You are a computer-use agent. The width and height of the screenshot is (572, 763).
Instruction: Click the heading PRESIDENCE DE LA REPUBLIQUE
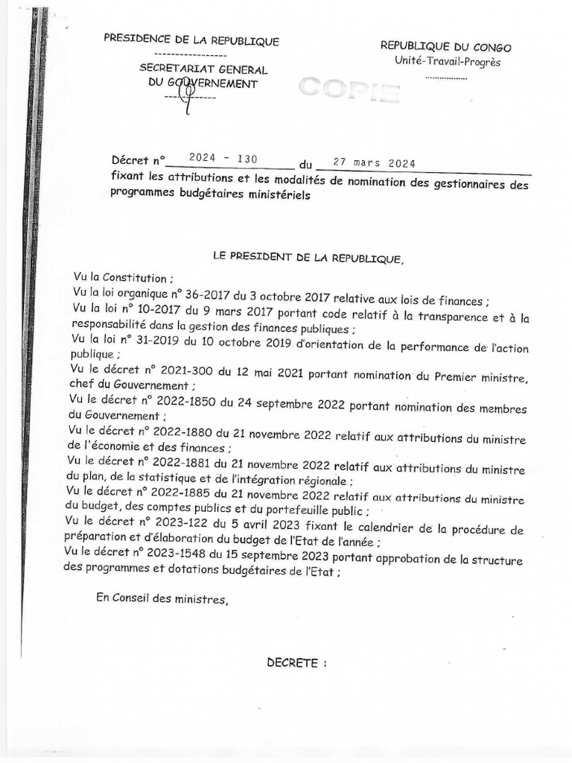(191, 41)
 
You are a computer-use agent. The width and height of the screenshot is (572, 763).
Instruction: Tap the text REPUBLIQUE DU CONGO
(445, 47)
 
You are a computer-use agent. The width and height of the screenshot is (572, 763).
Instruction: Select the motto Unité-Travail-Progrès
(448, 62)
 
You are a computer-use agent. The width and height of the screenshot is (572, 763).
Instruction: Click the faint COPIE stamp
(349, 89)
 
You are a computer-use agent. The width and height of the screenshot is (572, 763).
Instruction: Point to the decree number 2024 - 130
(223, 158)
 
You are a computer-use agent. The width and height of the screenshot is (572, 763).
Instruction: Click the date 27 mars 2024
(374, 163)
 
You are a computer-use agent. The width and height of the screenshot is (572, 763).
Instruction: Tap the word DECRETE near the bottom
(296, 663)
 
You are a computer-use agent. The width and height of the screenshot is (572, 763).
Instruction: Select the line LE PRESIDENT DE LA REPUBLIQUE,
(308, 258)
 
